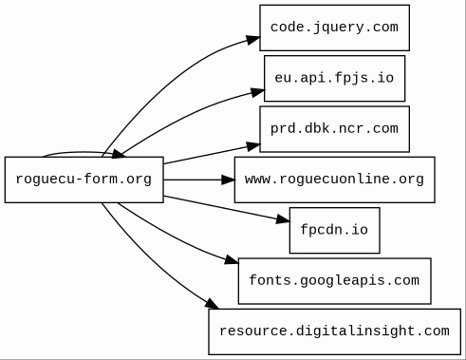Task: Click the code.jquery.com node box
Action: click(334, 28)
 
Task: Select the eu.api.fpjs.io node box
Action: click(334, 78)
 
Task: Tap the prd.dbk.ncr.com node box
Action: click(334, 129)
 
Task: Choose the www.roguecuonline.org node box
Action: click(334, 180)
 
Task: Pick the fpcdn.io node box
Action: click(334, 230)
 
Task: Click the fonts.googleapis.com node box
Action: click(334, 281)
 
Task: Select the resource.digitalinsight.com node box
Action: click(334, 332)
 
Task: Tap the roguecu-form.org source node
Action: click(84, 180)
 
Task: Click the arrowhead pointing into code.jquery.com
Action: click(253, 40)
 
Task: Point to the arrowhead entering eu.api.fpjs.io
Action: click(258, 92)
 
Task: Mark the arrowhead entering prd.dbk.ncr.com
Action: click(253, 146)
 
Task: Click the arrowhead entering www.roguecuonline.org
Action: click(228, 180)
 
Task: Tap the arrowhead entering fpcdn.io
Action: click(283, 219)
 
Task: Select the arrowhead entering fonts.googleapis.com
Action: click(232, 259)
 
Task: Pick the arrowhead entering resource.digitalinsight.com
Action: click(212, 304)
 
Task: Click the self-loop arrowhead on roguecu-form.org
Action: click(118, 154)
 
